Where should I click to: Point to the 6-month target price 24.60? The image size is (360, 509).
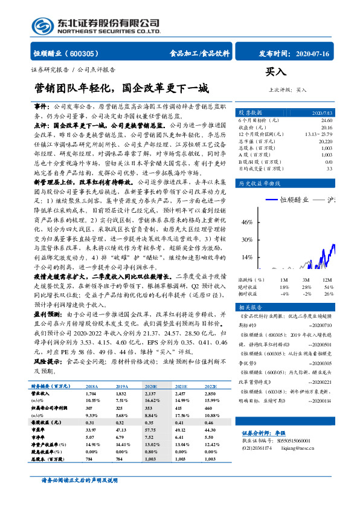pos(326,121)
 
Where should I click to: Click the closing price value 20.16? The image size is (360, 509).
pos(326,128)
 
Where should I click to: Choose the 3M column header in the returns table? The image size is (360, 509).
pos(307,280)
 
